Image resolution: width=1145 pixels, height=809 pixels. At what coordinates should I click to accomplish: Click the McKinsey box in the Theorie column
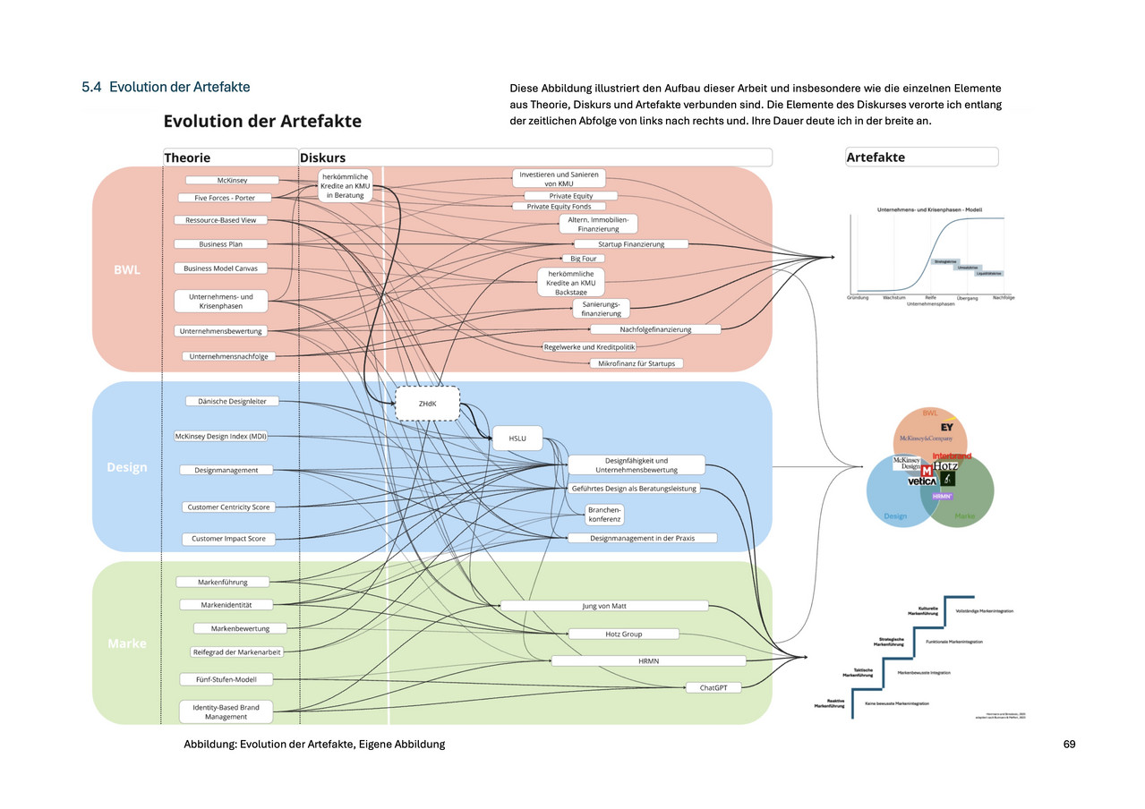(x=226, y=180)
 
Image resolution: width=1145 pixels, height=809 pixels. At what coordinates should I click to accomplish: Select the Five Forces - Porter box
(x=225, y=198)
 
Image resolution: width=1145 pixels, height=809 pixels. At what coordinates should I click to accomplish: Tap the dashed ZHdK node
(x=427, y=404)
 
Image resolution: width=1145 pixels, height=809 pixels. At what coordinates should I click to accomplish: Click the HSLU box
(x=517, y=439)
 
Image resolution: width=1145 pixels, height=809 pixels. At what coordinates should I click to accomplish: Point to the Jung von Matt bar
(x=604, y=606)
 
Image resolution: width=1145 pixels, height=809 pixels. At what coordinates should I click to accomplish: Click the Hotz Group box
(x=618, y=634)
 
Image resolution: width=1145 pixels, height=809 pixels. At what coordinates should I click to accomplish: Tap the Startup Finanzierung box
(x=630, y=243)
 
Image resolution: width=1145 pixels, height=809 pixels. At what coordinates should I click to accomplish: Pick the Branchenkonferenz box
(x=604, y=514)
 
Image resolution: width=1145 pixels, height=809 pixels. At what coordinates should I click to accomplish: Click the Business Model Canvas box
(x=220, y=268)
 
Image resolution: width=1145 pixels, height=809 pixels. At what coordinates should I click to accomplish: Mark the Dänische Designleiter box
(x=232, y=401)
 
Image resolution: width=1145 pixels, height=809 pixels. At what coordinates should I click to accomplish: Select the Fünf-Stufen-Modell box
(x=226, y=679)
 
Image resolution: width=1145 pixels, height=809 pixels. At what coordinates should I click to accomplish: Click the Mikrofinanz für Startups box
(x=636, y=363)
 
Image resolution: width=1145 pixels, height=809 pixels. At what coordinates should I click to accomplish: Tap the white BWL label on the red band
(x=126, y=268)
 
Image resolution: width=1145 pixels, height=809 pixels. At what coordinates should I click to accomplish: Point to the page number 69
(x=1069, y=745)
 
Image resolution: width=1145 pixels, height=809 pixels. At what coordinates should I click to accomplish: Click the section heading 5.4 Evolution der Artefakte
(x=166, y=87)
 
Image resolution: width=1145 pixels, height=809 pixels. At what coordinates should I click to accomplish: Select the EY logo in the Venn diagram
(x=946, y=427)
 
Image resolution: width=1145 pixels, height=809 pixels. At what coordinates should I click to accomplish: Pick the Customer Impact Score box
(x=228, y=539)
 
